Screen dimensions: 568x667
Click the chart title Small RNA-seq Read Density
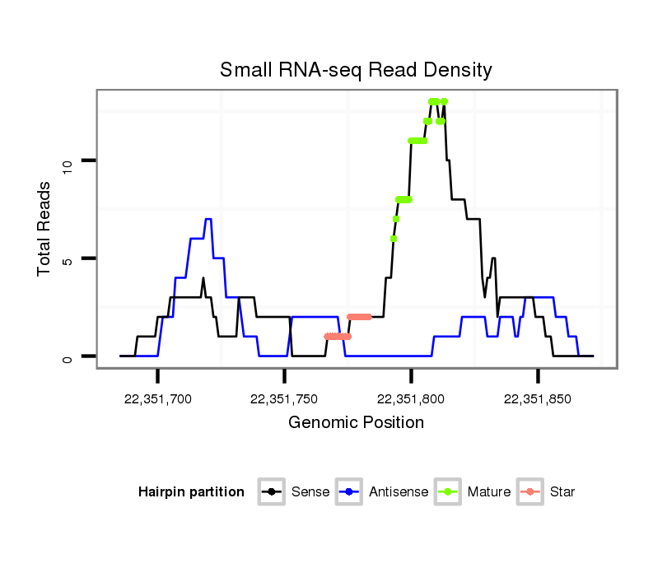click(356, 70)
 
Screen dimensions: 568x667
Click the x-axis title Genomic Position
click(356, 423)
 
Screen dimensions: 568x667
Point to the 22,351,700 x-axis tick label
click(157, 399)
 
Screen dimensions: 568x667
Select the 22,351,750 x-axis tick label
click(284, 399)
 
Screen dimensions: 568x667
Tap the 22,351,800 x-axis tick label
click(411, 399)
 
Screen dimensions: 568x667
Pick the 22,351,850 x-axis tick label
click(538, 399)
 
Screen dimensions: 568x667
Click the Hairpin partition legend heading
click(192, 492)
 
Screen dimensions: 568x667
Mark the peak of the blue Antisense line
click(208, 219)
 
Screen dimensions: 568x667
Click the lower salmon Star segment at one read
click(338, 336)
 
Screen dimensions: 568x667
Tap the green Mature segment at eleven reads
click(418, 141)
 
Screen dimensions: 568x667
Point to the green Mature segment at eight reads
click(403, 199)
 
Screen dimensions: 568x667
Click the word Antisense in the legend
click(399, 492)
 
